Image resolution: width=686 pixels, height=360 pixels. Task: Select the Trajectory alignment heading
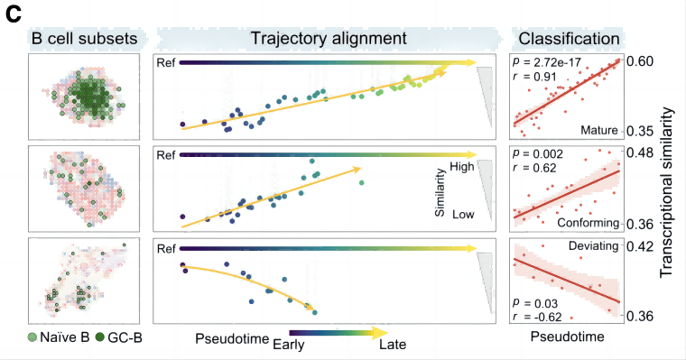tap(316, 39)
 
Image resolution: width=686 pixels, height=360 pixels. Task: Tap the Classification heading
tap(568, 39)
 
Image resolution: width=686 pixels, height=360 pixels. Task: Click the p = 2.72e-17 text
tap(549, 63)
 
